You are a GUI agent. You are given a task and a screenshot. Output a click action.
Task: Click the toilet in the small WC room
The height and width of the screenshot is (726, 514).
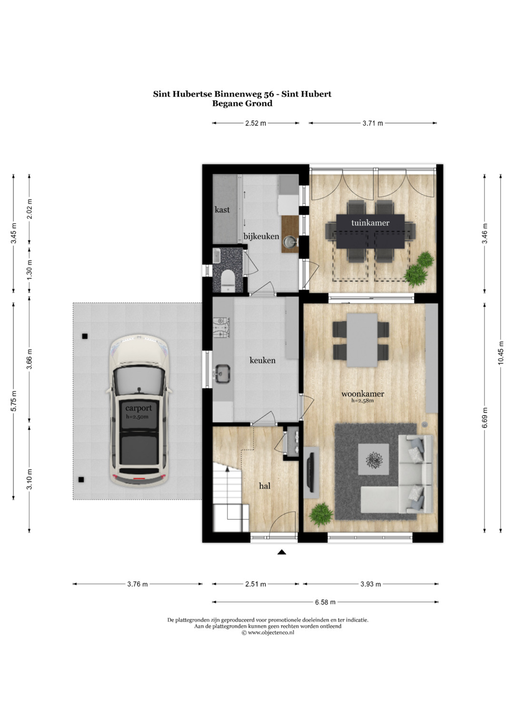coord(228,280)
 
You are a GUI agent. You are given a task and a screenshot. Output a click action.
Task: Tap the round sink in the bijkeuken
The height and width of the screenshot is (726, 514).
coord(289,242)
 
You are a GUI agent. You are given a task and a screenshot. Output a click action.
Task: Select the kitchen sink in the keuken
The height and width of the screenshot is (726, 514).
coord(223,373)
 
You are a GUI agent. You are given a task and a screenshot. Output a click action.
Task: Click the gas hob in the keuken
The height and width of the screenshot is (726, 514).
coord(222,328)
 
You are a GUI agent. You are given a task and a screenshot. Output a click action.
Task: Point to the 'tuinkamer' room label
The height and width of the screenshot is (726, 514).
coord(370,223)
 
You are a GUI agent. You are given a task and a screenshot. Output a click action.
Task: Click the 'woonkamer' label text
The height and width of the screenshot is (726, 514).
coord(363,394)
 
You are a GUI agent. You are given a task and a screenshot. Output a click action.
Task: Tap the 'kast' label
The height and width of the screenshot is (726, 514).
coord(222,210)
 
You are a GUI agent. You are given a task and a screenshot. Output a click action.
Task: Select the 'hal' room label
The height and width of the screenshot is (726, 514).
coord(265,485)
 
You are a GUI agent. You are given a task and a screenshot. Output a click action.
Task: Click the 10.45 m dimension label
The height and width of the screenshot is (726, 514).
coord(501,353)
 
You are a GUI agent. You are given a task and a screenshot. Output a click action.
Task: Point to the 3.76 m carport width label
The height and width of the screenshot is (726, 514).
coord(137,584)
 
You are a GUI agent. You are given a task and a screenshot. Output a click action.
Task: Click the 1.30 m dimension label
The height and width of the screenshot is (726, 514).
coord(30,270)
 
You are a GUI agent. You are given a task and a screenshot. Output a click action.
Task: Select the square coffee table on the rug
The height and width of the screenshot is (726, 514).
coord(374,459)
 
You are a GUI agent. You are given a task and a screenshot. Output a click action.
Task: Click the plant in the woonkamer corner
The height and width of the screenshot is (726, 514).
coord(321,514)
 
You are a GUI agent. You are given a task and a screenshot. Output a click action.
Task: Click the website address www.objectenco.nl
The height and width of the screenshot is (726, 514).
coord(271,632)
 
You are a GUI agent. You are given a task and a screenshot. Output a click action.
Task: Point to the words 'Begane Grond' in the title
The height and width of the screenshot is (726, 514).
coord(242,103)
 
